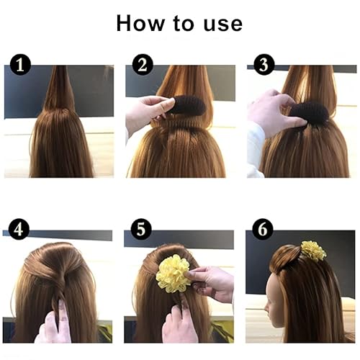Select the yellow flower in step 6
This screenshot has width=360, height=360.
[x=313, y=251]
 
